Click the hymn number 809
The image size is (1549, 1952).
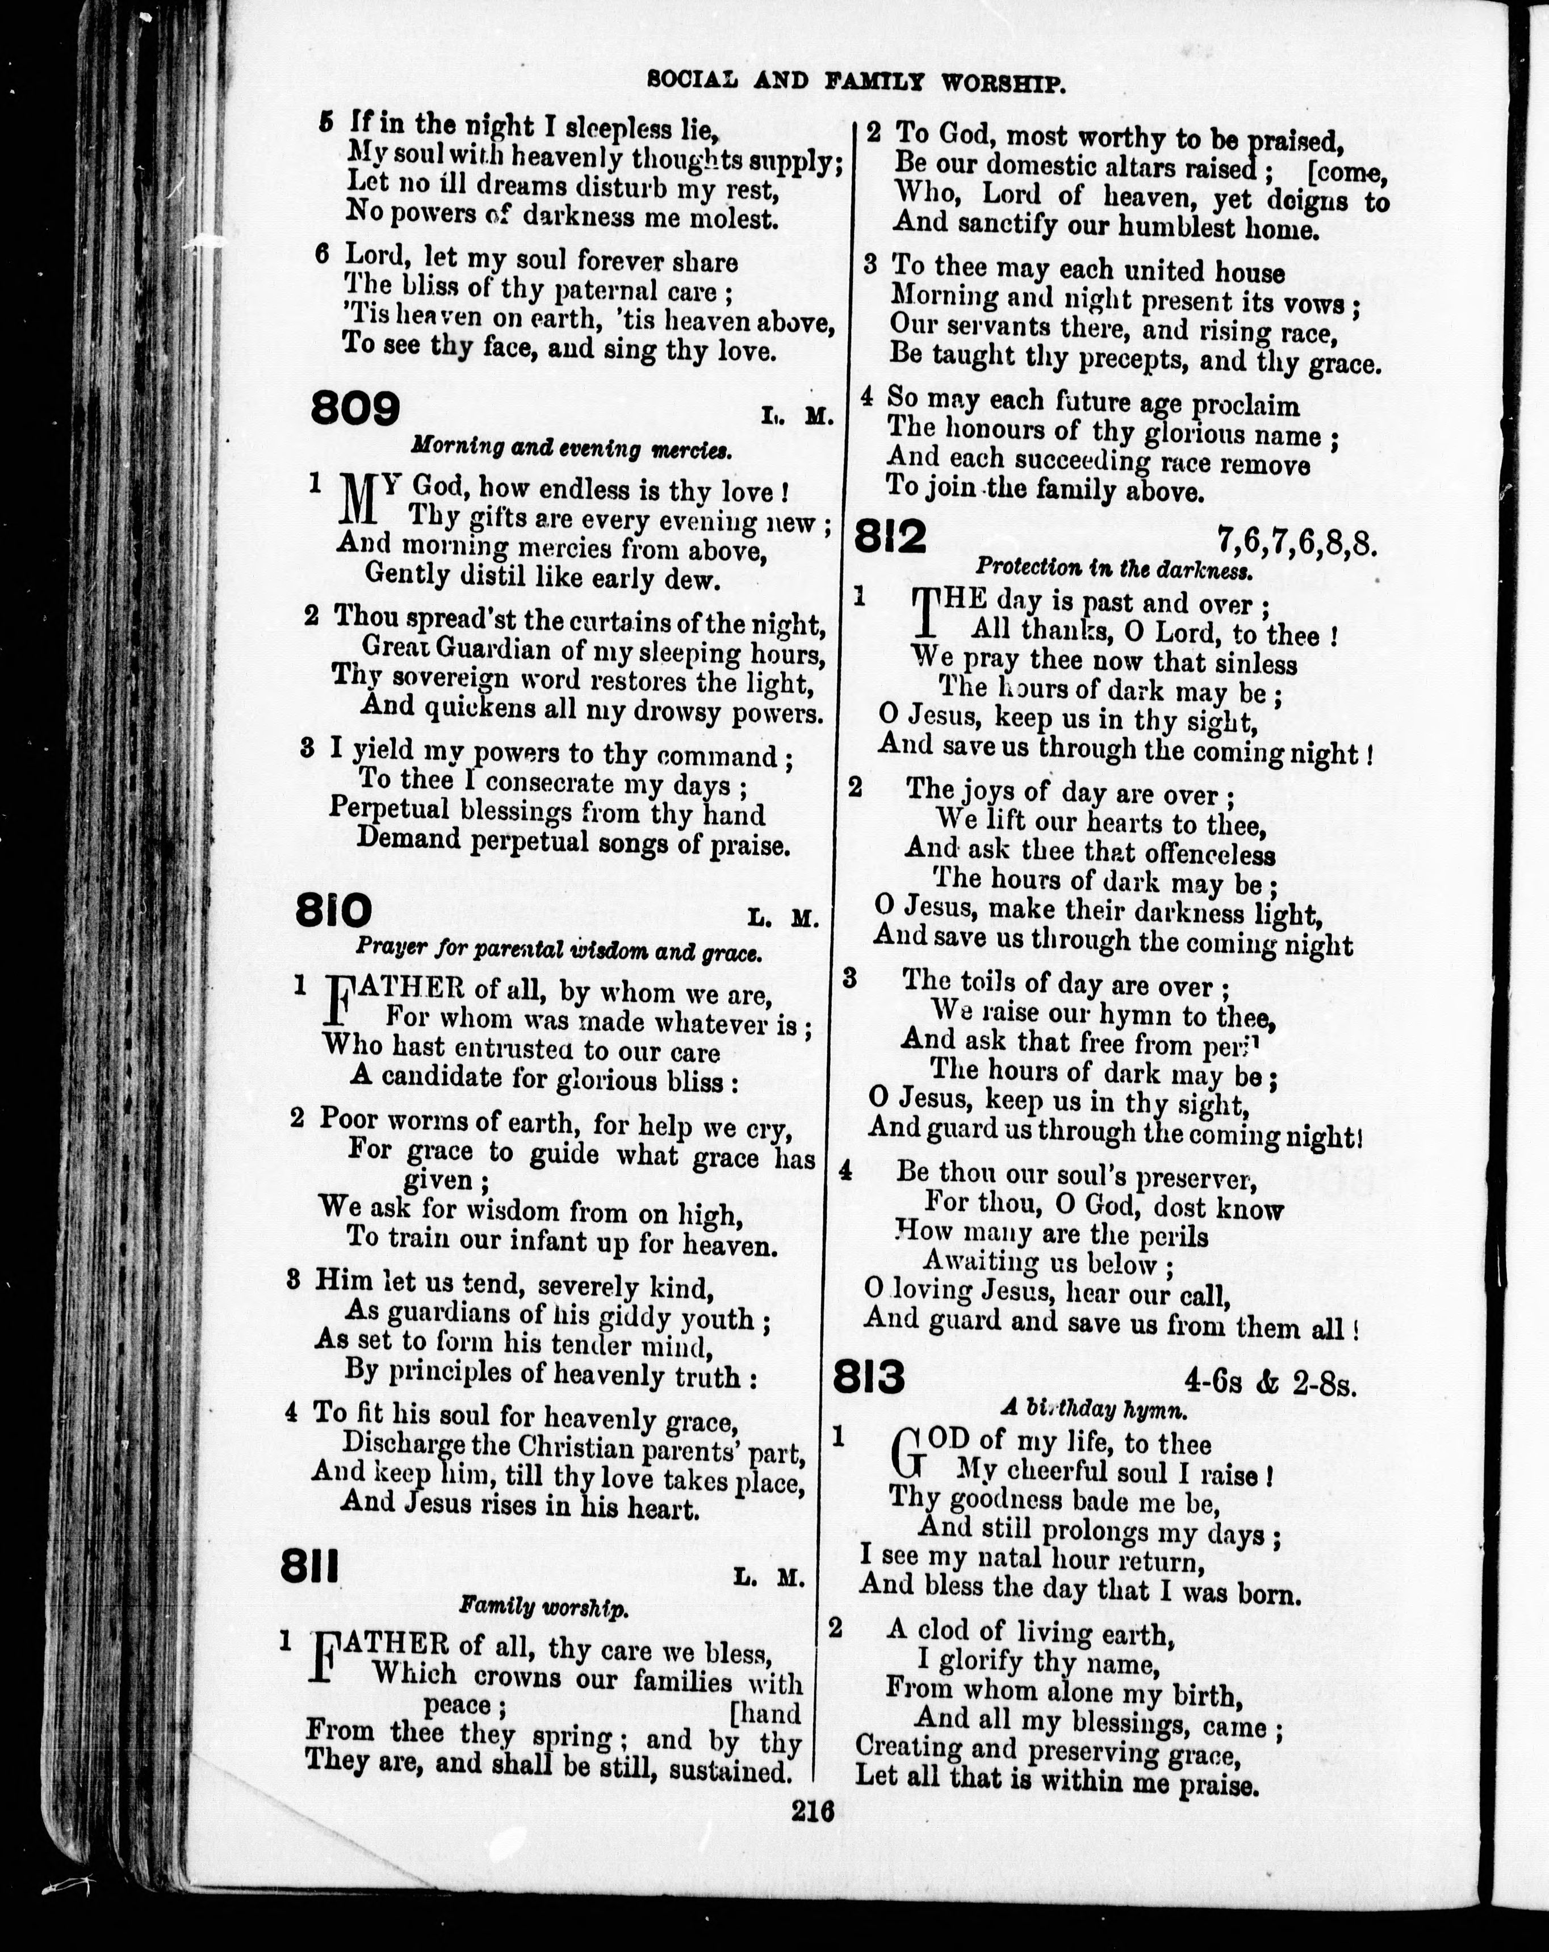click(355, 410)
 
